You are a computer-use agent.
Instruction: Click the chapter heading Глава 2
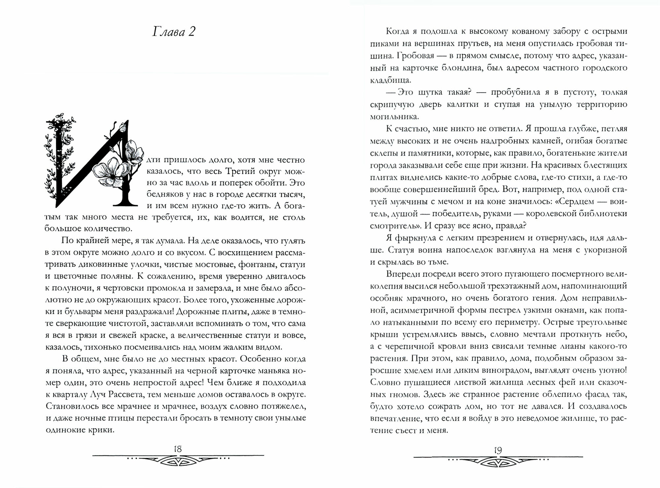[174, 32]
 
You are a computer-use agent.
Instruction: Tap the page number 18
[178, 449]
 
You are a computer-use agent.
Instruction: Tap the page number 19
[498, 450]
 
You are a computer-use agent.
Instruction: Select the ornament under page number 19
[498, 462]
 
